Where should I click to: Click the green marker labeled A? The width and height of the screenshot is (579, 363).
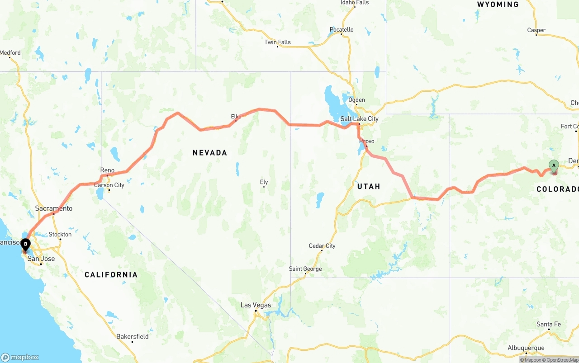(554, 166)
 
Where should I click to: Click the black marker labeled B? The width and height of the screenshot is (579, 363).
(25, 245)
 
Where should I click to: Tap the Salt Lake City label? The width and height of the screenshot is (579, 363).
(359, 119)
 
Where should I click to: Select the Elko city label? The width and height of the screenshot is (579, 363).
(236, 117)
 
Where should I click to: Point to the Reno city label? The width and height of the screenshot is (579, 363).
(107, 170)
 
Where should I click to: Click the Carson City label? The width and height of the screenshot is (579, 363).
(109, 185)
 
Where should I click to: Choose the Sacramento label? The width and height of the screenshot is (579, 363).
(53, 208)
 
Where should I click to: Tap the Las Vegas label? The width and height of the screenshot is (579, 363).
(256, 305)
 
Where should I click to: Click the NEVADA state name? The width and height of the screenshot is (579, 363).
(209, 153)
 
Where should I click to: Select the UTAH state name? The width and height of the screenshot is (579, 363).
(368, 186)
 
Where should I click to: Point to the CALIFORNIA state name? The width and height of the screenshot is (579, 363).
(111, 274)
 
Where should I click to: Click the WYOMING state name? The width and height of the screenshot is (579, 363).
(498, 5)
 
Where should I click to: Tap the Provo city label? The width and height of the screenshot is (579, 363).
(366, 141)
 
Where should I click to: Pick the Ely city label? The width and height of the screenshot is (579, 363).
(264, 182)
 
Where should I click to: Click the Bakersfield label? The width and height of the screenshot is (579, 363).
(132, 336)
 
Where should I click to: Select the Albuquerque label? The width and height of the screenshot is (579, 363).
(526, 348)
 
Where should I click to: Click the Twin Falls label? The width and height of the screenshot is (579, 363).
(277, 42)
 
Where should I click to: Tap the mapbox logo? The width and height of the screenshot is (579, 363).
(20, 357)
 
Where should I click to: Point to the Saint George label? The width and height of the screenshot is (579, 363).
(305, 269)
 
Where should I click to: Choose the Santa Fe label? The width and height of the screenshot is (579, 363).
(548, 324)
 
